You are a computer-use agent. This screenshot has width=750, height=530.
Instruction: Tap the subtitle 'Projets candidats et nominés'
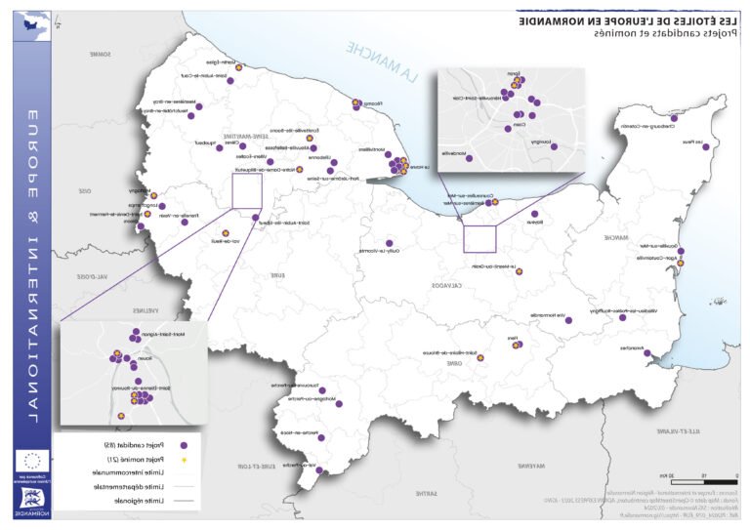tap(650, 33)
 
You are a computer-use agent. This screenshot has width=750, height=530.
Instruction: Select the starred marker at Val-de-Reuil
tap(226, 233)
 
